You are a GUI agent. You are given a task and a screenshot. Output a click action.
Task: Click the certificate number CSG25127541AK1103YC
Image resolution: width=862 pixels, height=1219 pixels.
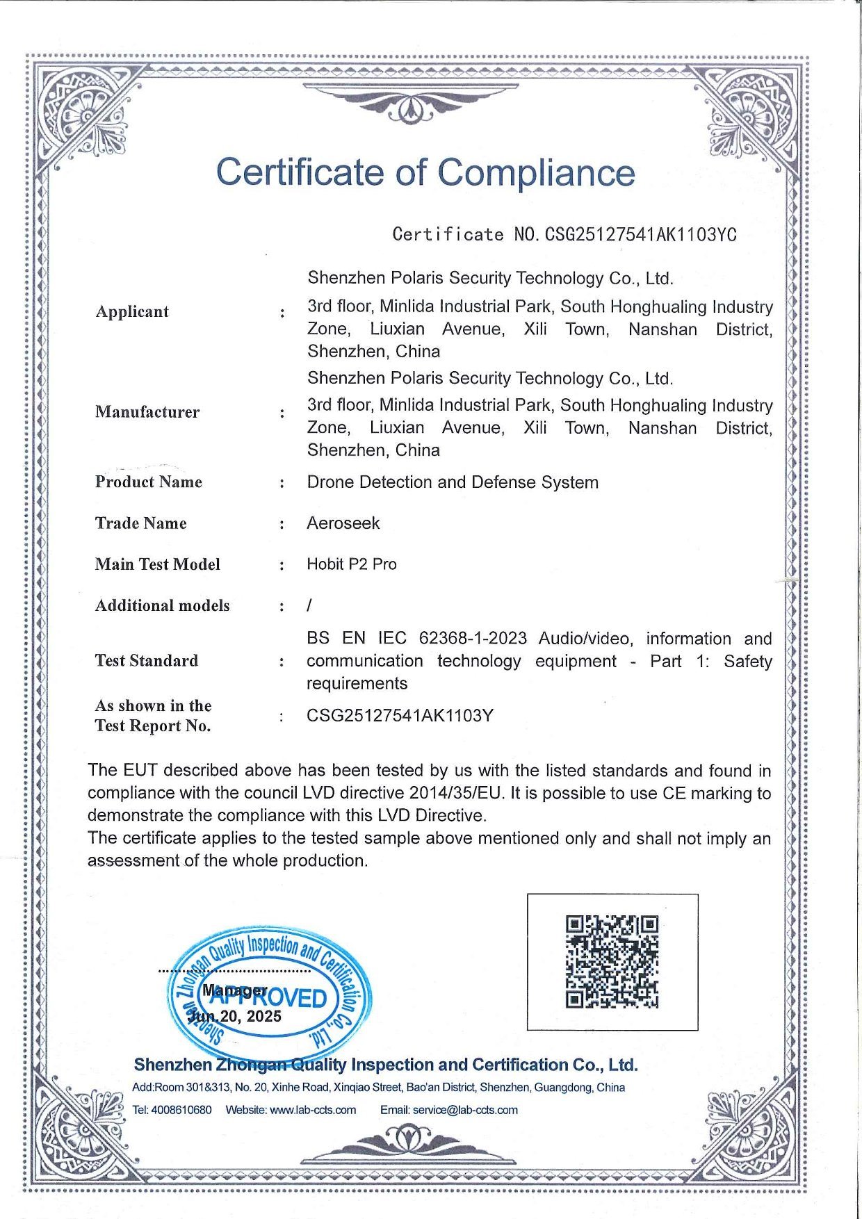click(x=640, y=234)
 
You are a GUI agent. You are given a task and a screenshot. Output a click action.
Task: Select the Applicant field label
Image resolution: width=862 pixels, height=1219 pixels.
click(x=132, y=311)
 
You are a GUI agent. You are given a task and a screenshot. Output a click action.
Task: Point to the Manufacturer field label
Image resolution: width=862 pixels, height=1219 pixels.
click(x=147, y=412)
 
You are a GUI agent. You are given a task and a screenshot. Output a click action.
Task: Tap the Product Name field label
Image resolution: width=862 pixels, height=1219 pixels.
click(x=149, y=482)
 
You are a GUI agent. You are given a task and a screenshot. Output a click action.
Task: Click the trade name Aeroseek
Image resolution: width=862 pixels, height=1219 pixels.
click(x=343, y=523)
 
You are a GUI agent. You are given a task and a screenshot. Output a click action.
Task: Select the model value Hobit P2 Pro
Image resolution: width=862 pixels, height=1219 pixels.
click(x=352, y=564)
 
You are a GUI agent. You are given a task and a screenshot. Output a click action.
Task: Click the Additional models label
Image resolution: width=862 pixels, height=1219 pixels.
click(x=163, y=605)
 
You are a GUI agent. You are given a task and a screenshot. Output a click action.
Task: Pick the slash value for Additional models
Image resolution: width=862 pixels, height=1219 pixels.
click(x=309, y=605)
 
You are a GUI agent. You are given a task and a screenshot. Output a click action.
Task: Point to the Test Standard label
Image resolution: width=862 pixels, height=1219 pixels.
click(x=147, y=660)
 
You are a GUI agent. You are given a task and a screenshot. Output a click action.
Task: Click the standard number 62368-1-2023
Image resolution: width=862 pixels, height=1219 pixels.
click(x=473, y=638)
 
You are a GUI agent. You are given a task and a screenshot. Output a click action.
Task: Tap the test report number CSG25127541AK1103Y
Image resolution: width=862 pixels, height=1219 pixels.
click(x=400, y=715)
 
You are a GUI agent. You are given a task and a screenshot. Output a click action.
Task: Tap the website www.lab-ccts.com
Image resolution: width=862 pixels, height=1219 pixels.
click(x=313, y=1110)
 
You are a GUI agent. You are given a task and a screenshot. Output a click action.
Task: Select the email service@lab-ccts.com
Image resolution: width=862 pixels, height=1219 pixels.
click(x=465, y=1110)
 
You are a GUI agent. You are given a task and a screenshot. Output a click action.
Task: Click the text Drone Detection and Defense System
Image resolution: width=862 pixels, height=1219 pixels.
click(x=453, y=482)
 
